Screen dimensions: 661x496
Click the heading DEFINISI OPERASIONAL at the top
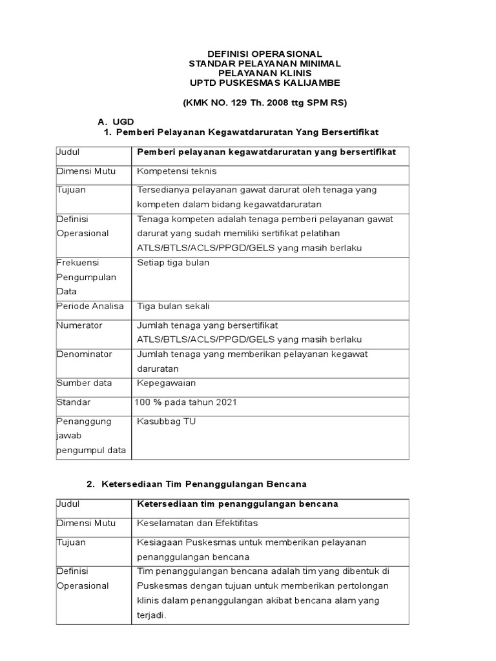264,54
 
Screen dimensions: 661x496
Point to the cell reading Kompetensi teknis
177,171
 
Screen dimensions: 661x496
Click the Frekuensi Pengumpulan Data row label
86,278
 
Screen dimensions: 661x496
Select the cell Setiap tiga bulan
173,263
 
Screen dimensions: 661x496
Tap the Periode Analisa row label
90,306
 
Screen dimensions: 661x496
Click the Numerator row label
79,325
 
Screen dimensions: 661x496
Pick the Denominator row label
84,354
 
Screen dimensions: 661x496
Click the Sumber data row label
84,383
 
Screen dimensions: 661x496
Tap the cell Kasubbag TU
167,422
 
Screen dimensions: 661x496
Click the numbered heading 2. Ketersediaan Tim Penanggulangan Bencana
196,483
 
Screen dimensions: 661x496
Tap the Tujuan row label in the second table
71,542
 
